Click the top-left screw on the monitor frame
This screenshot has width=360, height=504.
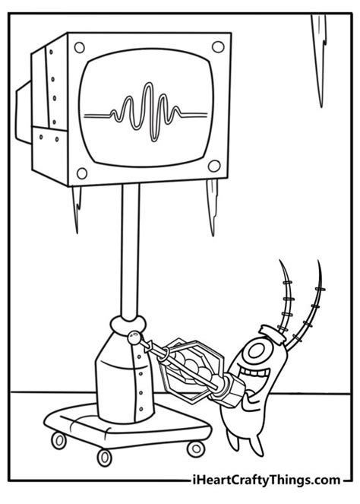click(79, 48)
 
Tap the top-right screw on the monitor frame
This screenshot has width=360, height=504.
click(218, 47)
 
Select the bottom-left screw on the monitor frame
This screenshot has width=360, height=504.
click(82, 173)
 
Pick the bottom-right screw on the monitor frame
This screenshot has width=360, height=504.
click(214, 166)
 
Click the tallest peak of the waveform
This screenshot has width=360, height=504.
click(148, 84)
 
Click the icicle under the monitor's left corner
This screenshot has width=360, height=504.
click(77, 209)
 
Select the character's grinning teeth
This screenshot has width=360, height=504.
click(254, 374)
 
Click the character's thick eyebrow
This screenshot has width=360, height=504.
click(272, 331)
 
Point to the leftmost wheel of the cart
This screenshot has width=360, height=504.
click(58, 440)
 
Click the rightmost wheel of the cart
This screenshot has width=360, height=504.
click(196, 449)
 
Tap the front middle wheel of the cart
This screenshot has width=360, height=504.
click(105, 458)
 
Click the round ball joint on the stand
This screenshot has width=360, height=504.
click(134, 338)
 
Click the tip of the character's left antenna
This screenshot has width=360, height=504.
click(279, 260)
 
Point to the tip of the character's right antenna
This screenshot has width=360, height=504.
click(318, 261)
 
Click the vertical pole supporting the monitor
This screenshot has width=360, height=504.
click(131, 251)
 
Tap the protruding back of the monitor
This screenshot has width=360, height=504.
click(24, 113)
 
